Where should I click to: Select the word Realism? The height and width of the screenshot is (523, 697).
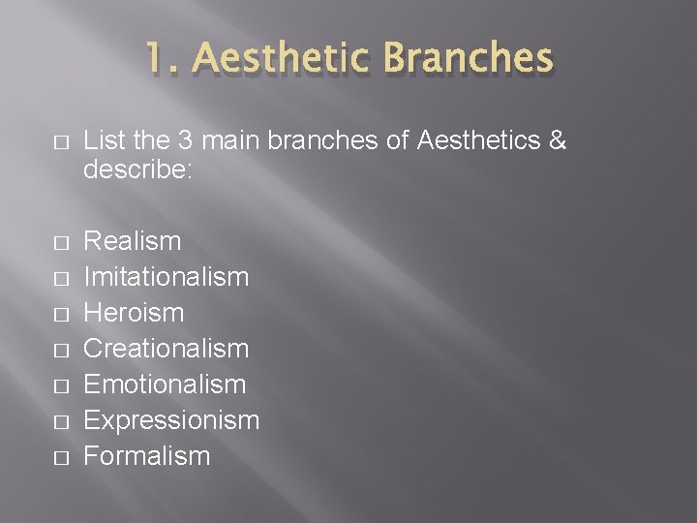pos(133,241)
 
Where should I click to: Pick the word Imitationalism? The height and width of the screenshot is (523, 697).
pos(167,277)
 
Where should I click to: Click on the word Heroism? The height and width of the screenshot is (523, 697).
pos(134,313)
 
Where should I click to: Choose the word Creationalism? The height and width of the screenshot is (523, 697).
pos(167,349)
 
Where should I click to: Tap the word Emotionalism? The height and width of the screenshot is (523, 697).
pos(165,385)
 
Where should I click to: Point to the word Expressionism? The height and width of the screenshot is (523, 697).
pos(171,420)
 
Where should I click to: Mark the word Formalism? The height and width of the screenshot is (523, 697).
pos(147,456)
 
